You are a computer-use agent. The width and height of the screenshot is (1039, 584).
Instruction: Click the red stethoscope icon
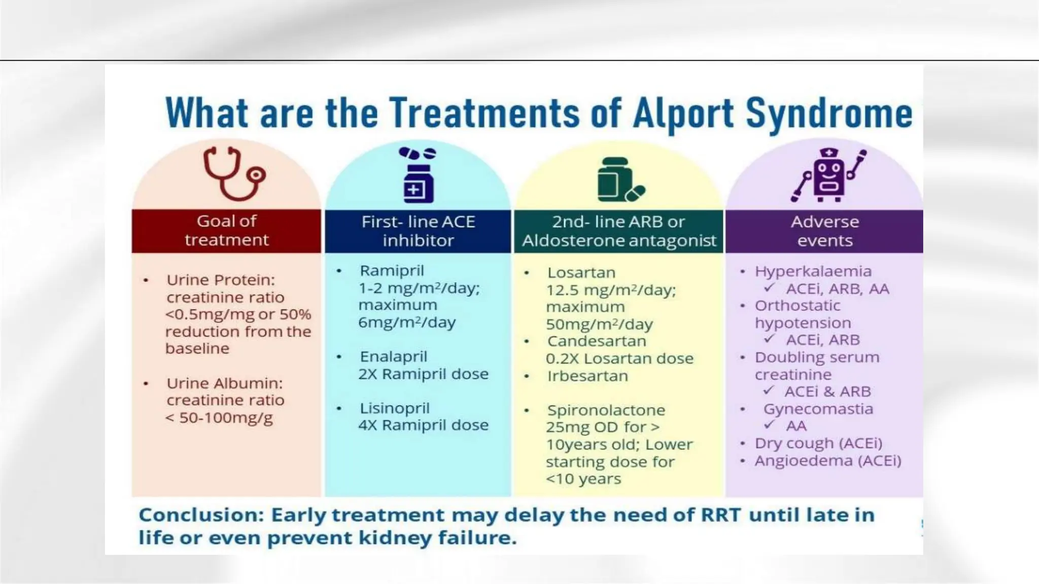click(234, 174)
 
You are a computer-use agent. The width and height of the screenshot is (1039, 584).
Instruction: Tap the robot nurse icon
click(828, 175)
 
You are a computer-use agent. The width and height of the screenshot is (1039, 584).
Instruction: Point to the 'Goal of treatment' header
click(226, 231)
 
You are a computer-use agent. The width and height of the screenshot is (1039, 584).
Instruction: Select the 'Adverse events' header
click(824, 231)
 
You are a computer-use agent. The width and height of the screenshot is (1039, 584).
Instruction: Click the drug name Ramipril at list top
click(392, 271)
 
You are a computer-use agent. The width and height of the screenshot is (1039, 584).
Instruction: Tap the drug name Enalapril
click(394, 357)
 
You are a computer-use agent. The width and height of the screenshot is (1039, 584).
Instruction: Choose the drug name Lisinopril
click(395, 408)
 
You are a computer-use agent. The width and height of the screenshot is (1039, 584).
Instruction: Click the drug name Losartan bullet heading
click(581, 273)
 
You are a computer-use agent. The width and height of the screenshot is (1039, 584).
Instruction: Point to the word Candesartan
click(597, 341)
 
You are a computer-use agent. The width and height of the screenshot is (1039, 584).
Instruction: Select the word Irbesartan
click(587, 376)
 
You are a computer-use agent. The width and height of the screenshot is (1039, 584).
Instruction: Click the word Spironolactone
click(606, 410)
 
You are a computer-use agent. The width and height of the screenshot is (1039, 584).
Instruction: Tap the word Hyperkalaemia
click(813, 271)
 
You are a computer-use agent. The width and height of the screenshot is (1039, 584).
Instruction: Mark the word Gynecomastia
click(818, 409)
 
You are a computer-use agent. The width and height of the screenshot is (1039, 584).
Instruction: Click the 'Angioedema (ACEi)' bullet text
click(827, 461)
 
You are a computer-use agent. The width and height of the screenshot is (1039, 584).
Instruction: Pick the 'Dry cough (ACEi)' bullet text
click(818, 443)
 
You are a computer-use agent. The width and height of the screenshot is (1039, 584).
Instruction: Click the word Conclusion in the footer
click(201, 515)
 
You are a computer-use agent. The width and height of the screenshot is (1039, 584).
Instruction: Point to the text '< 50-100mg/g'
click(219, 418)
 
